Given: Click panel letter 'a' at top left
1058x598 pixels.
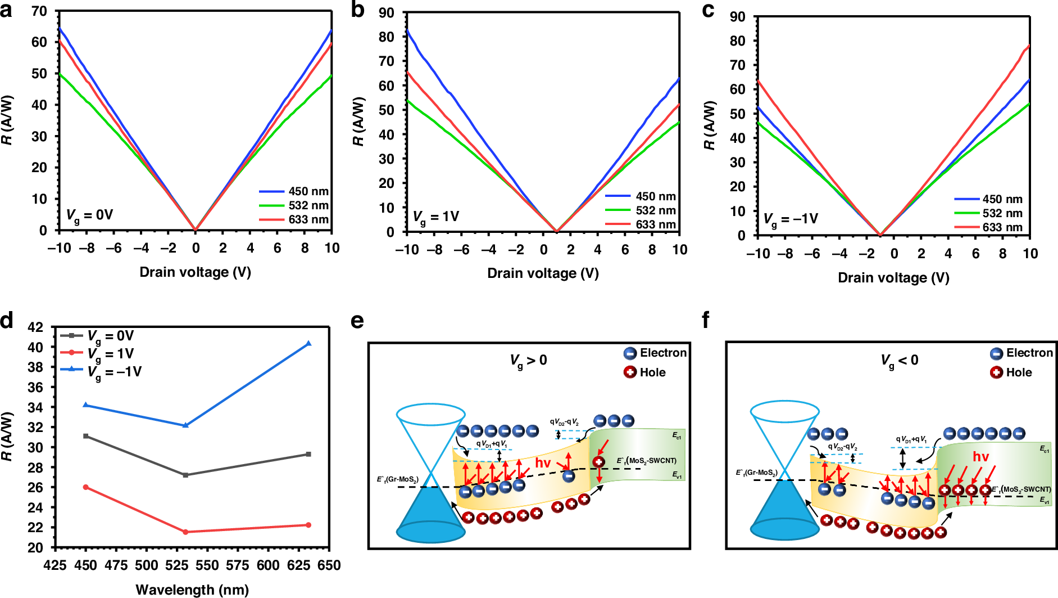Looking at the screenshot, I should pyautogui.click(x=6, y=10).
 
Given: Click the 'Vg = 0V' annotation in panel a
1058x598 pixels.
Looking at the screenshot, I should pyautogui.click(x=89, y=215).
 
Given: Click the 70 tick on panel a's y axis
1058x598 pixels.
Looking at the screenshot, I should pyautogui.click(x=39, y=11).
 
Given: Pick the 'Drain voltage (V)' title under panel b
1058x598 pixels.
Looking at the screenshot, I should pyautogui.click(x=543, y=273).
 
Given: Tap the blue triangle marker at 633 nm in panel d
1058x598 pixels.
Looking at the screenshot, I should pyautogui.click(x=308, y=343).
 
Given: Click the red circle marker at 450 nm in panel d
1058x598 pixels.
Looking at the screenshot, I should pyautogui.click(x=86, y=487).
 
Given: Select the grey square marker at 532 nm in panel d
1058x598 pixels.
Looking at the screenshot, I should pyautogui.click(x=185, y=475).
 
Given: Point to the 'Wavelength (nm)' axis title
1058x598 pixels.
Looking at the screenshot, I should pyautogui.click(x=192, y=590).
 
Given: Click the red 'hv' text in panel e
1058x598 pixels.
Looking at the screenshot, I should pyautogui.click(x=543, y=463).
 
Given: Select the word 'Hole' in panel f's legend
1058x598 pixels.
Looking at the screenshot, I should pyautogui.click(x=1019, y=372).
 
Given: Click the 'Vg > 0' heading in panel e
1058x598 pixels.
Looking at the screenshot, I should pyautogui.click(x=528, y=361).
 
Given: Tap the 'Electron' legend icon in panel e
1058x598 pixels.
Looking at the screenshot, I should pyautogui.click(x=630, y=353).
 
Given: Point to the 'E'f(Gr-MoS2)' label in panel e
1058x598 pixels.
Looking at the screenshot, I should pyautogui.click(x=397, y=479).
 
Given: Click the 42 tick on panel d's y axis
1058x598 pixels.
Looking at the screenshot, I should pyautogui.click(x=35, y=327).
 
